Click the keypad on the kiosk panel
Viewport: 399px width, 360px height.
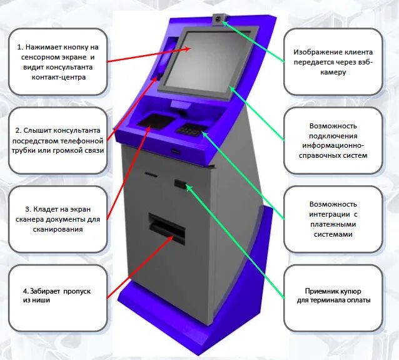point(189,129)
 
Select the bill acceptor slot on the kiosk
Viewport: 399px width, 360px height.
point(181,184)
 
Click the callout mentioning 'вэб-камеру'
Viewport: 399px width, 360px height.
point(333,61)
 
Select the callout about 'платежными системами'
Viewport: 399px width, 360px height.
point(333,219)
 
